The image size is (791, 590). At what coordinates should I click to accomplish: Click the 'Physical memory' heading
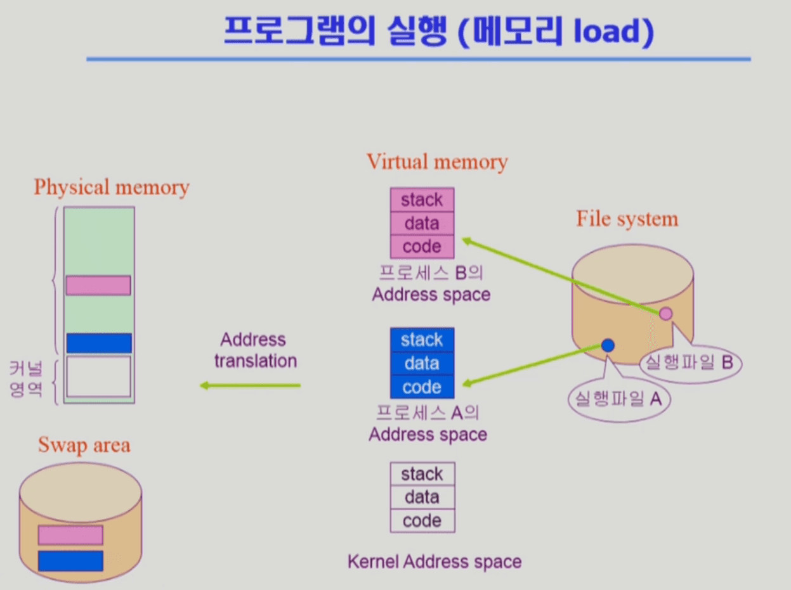click(112, 188)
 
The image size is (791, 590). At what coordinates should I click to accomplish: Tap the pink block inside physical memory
click(98, 285)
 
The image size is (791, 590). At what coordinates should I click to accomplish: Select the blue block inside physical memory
click(98, 343)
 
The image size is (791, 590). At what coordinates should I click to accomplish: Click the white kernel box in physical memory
click(98, 376)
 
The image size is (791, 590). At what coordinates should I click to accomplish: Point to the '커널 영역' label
click(26, 378)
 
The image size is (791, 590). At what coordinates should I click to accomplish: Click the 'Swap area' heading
click(84, 445)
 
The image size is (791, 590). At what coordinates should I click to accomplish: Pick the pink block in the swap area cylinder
click(70, 535)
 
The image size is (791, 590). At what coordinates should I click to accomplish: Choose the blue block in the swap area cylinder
click(70, 560)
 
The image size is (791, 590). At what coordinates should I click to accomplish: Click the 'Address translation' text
click(255, 350)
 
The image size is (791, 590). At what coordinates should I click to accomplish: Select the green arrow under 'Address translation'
click(250, 385)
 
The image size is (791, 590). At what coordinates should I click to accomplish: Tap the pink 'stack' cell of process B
click(422, 200)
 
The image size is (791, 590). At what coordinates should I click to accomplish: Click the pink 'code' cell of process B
click(422, 247)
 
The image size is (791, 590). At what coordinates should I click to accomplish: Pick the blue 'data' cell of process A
click(422, 363)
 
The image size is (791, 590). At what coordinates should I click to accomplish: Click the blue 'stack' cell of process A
click(422, 340)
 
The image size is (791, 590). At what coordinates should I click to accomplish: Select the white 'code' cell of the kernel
click(422, 521)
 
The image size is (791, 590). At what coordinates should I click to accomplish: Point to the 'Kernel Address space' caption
click(435, 561)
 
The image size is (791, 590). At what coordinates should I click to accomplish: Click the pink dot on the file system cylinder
click(665, 312)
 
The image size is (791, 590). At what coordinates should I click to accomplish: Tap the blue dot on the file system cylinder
click(608, 345)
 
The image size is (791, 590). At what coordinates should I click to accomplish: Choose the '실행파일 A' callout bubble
click(618, 399)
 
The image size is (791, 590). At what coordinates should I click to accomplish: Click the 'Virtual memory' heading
click(437, 162)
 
